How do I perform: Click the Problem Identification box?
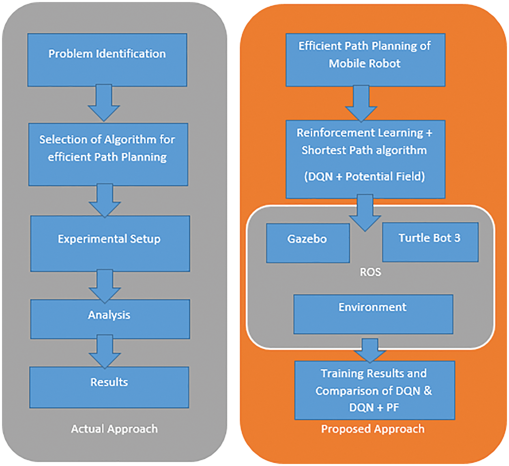pos(107,60)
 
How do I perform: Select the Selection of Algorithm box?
pos(108,154)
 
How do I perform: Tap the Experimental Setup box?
pos(110,243)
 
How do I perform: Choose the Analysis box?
pos(110,319)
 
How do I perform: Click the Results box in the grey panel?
pos(109,387)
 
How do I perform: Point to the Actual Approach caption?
pos(114,429)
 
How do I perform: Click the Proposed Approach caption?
pos(373,429)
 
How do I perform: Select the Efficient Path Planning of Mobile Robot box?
pos(365,60)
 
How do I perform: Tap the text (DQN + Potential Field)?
pos(364,176)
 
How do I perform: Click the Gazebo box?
pos(307,243)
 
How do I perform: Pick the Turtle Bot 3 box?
pos(430,242)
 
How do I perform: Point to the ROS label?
pos(370,272)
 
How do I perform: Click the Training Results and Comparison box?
pos(374,390)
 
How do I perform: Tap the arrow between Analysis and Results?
pos(105,351)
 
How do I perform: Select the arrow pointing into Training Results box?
pos(370,350)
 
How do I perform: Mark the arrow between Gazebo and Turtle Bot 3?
pos(365,213)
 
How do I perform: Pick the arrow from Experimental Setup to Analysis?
pos(105,286)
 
